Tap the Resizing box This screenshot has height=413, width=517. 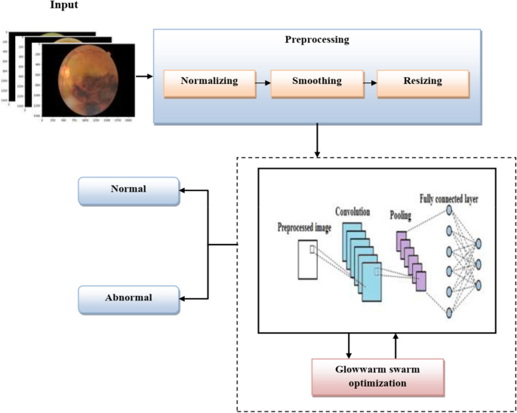tap(422, 81)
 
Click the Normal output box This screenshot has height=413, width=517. tap(128, 190)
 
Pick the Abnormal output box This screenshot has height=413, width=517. tap(128, 298)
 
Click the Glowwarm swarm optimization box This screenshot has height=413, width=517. tap(377, 375)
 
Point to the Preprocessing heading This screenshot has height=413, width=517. tap(317, 40)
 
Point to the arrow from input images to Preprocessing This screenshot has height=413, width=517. tap(143, 76)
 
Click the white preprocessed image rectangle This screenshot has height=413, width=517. tap(306, 260)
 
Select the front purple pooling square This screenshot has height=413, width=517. tap(419, 281)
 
